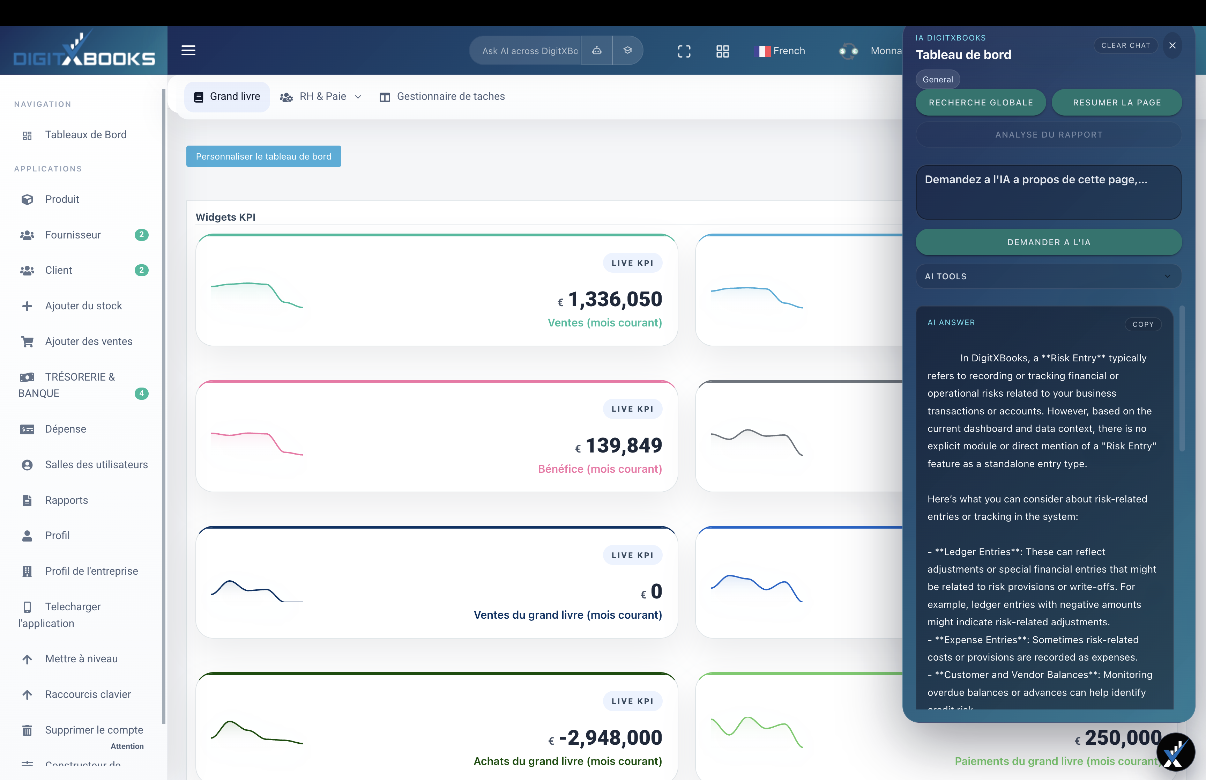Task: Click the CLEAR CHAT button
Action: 1125,46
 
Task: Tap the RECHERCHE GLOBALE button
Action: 980,102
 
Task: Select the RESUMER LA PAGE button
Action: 1116,102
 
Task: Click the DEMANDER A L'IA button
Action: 1048,242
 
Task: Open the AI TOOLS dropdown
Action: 1048,277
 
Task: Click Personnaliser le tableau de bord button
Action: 263,156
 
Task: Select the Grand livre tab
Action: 227,97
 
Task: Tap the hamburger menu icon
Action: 188,51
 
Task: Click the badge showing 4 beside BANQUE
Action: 141,393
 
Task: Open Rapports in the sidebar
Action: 66,500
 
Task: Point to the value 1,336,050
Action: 615,299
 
